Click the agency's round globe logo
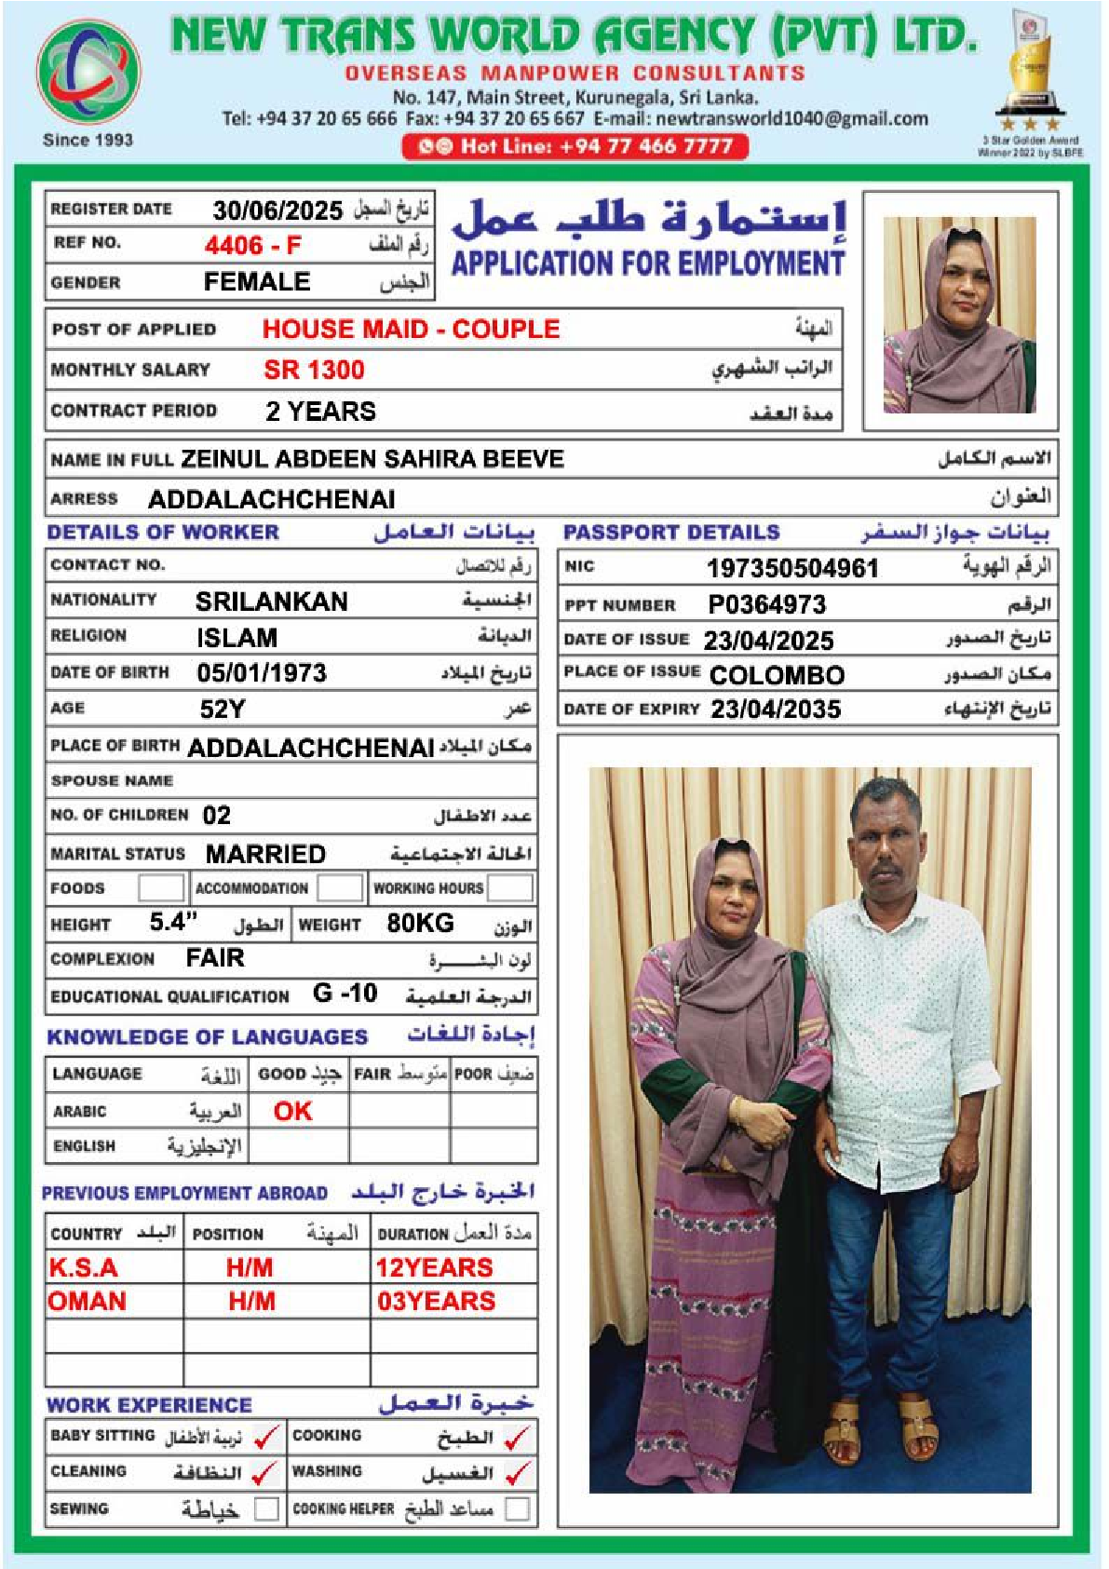tap(88, 73)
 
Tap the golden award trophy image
tap(1029, 70)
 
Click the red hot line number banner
tap(575, 146)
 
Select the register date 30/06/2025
tap(277, 210)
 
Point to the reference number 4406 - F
tap(253, 246)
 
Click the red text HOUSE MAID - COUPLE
tap(411, 330)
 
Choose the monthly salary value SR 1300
tap(314, 371)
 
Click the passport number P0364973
tap(766, 605)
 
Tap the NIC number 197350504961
tap(791, 568)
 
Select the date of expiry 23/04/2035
tap(776, 710)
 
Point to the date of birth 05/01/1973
tap(262, 673)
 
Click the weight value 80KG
tap(420, 924)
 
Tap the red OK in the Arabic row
tap(293, 1111)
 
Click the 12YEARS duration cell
tap(434, 1267)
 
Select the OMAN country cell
tap(87, 1302)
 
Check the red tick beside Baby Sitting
tap(266, 1438)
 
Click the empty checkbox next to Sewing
tap(267, 1508)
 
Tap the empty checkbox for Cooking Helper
tap(517, 1508)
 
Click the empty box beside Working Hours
tap(510, 888)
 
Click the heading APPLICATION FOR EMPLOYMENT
tap(648, 264)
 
